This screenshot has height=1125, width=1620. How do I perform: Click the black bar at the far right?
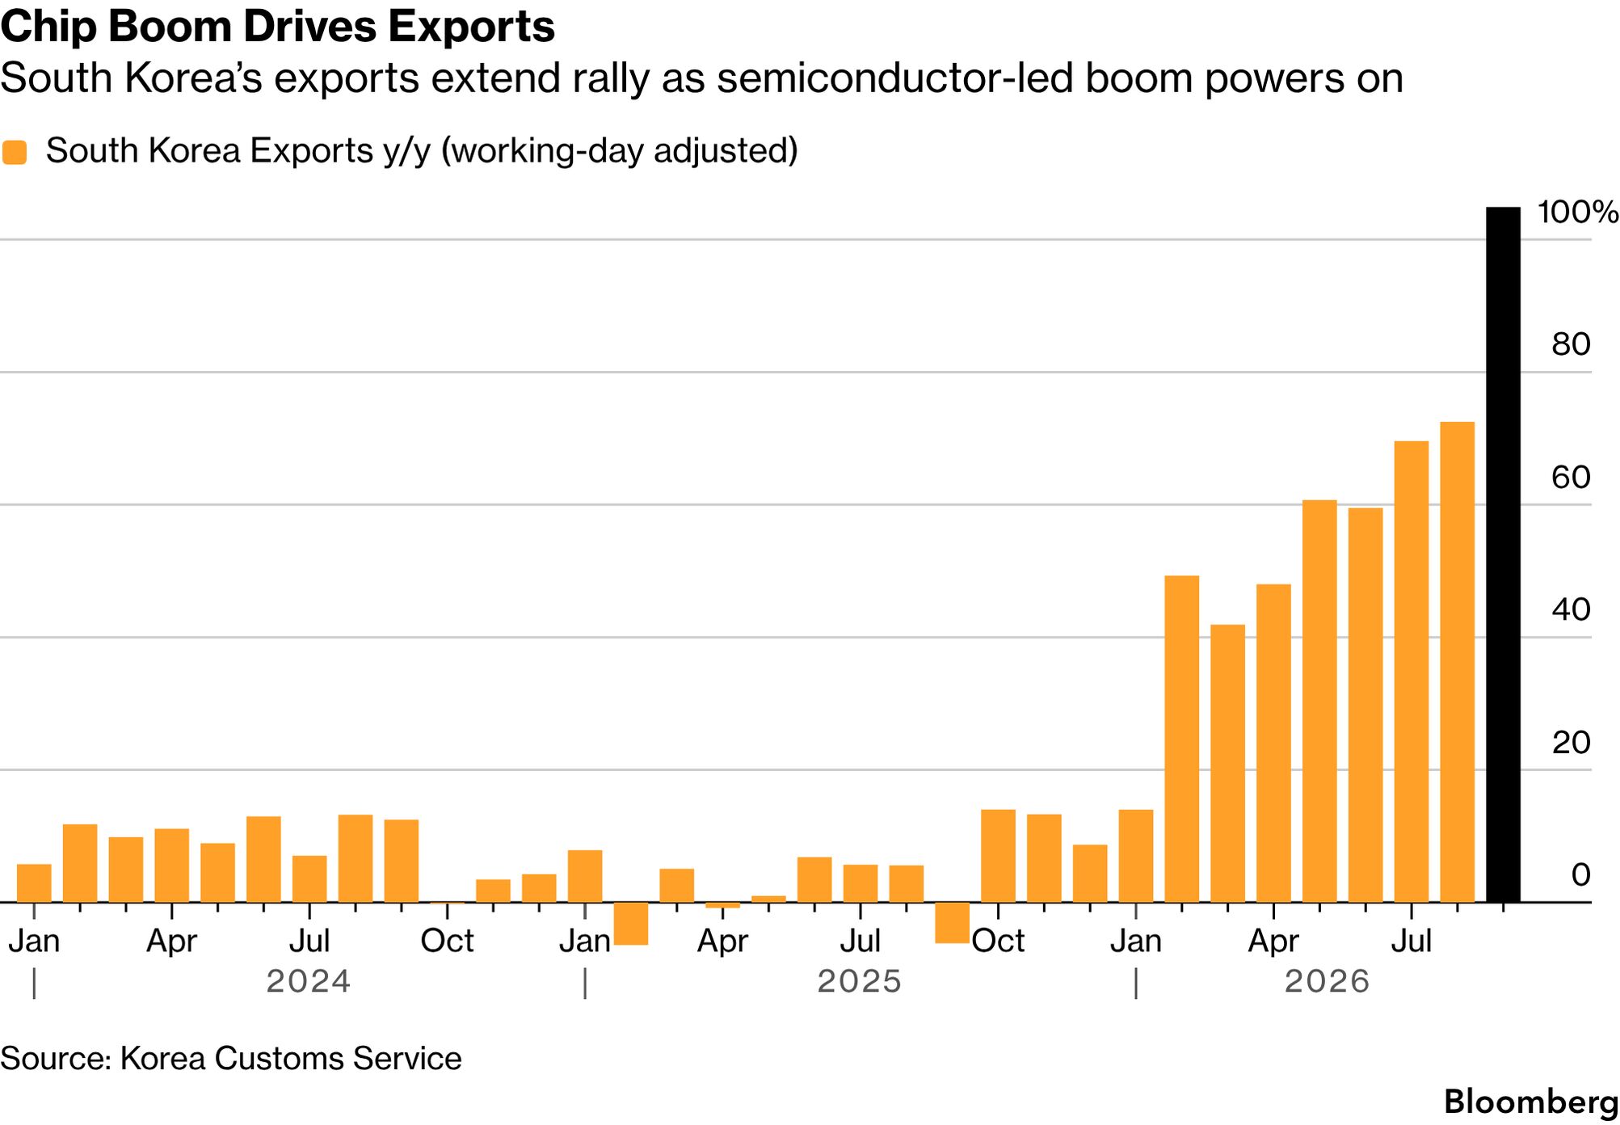click(1503, 554)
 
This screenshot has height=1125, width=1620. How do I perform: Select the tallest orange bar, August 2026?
click(1457, 662)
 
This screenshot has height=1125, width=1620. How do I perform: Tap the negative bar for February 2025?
click(631, 923)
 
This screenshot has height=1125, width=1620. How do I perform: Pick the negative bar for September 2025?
click(952, 922)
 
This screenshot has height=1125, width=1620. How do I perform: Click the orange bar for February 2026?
click(1181, 739)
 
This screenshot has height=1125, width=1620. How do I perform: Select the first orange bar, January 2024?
click(34, 883)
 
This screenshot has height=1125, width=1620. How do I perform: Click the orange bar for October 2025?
click(998, 856)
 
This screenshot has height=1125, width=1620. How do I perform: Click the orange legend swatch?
click(15, 152)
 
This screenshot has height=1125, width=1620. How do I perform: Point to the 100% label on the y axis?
click(1577, 212)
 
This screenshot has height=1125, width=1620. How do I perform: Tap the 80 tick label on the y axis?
click(1571, 344)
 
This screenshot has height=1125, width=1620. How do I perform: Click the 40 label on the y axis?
click(1571, 609)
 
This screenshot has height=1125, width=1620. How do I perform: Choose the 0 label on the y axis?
click(1581, 874)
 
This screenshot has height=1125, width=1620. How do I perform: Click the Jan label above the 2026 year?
click(1135, 941)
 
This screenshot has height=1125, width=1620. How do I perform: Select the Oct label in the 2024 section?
click(447, 941)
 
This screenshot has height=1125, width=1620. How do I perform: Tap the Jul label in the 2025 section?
click(860, 941)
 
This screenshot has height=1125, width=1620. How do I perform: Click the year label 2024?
click(309, 981)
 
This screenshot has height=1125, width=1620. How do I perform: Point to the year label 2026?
click(1328, 981)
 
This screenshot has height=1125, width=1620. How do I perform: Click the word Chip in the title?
click(48, 27)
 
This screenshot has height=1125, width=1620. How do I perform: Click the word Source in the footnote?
click(54, 1058)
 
